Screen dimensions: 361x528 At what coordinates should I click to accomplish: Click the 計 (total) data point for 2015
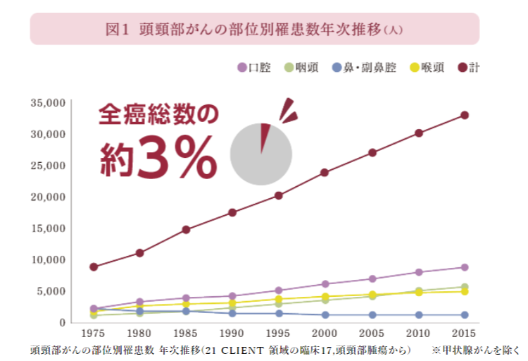tap(465, 115)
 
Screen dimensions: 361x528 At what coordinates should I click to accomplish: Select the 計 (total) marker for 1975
tap(94, 267)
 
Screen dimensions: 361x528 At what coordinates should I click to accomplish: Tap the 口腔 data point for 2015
tap(465, 267)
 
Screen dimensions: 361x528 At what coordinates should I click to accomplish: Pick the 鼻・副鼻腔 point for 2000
tap(325, 315)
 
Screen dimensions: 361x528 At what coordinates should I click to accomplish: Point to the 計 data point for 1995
tap(279, 195)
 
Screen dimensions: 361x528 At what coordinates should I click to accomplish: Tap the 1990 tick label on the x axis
tap(232, 332)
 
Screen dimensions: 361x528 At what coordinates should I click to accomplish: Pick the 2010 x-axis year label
tap(418, 332)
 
